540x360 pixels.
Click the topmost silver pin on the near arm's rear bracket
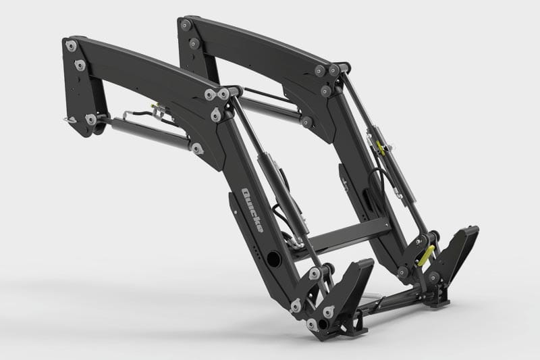tap(69, 45)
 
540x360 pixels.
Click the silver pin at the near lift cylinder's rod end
tap(196, 147)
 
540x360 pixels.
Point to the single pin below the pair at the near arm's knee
tap(215, 117)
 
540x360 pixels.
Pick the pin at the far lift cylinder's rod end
tap(308, 122)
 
